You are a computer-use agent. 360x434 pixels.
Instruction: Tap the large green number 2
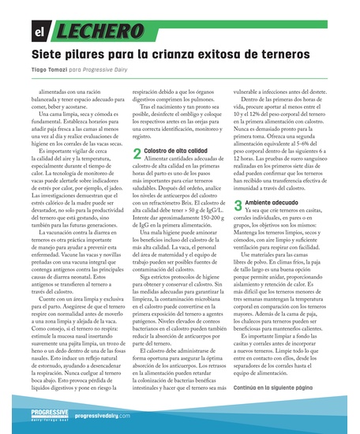[137, 152]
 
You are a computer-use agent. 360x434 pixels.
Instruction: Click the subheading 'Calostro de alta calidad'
[176, 150]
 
